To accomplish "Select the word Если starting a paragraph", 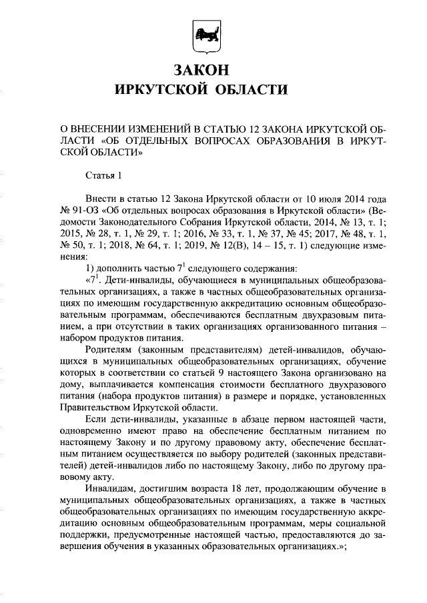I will click(x=95, y=420).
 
